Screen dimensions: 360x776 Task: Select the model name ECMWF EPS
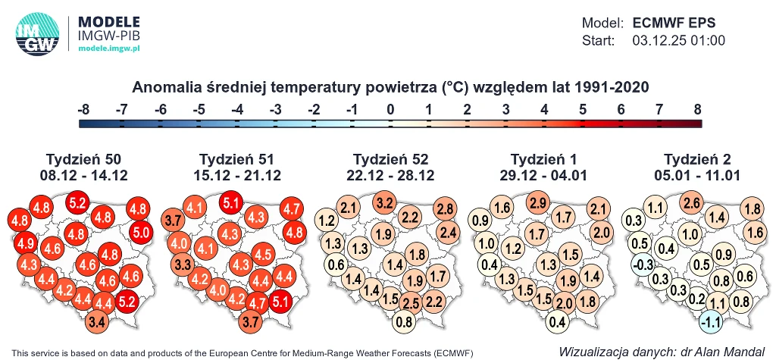point(674,23)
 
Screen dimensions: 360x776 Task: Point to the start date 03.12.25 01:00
point(678,41)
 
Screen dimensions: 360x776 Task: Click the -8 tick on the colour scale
point(83,110)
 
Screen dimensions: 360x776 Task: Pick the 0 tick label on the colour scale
point(390,110)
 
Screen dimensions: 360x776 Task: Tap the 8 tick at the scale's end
point(696,110)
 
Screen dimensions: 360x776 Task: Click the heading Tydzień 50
point(83,159)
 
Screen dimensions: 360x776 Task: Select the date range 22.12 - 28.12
point(391,175)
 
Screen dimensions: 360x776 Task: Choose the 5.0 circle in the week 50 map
point(141,232)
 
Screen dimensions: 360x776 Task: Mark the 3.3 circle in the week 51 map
point(182,265)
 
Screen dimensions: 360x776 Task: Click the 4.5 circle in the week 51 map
point(263,253)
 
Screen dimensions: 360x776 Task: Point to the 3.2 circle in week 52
point(385,202)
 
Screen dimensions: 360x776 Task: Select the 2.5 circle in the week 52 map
point(411,303)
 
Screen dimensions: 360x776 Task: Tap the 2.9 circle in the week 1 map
point(539,202)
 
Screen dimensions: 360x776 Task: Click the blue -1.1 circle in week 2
point(712,321)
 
